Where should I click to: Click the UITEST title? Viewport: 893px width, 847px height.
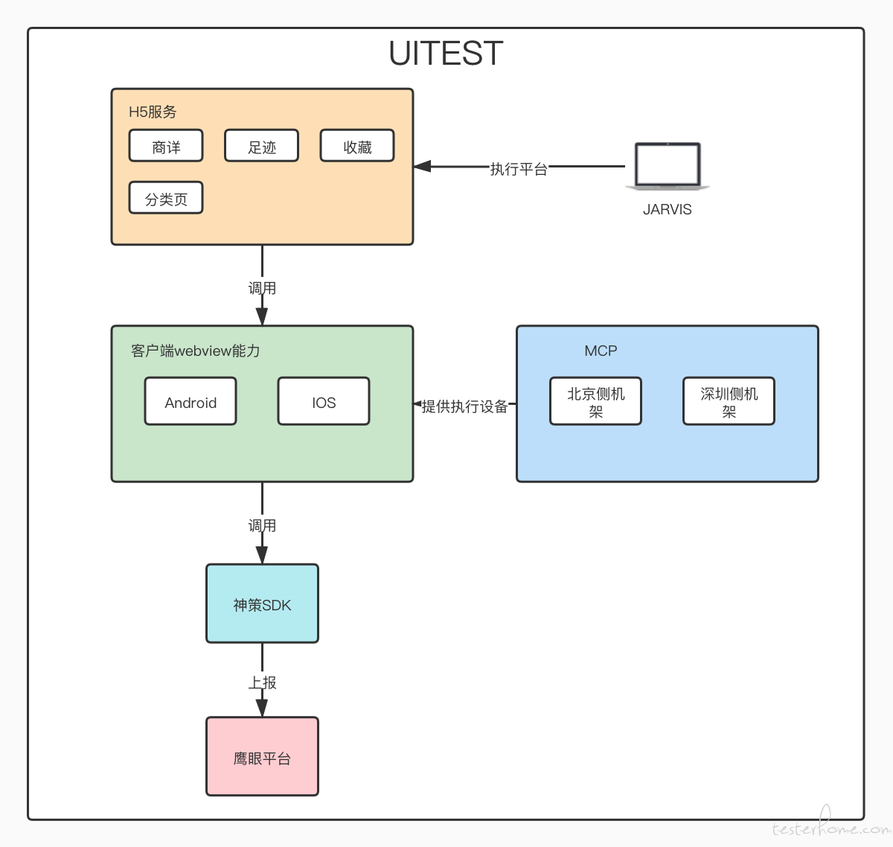(x=446, y=53)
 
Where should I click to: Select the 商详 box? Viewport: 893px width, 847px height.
(x=166, y=145)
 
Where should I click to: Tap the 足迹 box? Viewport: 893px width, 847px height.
(x=262, y=145)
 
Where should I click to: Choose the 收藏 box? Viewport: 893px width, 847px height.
(x=357, y=145)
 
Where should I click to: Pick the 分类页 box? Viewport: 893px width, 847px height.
(x=166, y=198)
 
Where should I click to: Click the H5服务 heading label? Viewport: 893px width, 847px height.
(x=153, y=112)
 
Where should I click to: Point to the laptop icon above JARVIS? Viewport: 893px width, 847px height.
(x=668, y=166)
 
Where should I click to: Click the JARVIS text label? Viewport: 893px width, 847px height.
(x=668, y=209)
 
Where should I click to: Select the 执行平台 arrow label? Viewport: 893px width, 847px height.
(x=518, y=169)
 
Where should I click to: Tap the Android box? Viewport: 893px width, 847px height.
(x=191, y=401)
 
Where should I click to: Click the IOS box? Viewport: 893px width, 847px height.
(x=324, y=401)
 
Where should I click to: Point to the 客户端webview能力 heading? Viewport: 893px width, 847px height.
(x=195, y=351)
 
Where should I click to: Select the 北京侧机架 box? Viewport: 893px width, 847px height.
(x=595, y=401)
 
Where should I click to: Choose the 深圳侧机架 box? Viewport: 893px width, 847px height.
(x=729, y=401)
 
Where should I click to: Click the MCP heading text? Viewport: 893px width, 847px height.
(x=601, y=351)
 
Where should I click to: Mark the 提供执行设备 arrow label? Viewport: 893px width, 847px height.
(x=464, y=406)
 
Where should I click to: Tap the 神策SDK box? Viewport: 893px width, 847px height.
(x=262, y=604)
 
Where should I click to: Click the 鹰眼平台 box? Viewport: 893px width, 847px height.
(x=262, y=757)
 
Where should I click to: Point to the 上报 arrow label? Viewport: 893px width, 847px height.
(x=262, y=683)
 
